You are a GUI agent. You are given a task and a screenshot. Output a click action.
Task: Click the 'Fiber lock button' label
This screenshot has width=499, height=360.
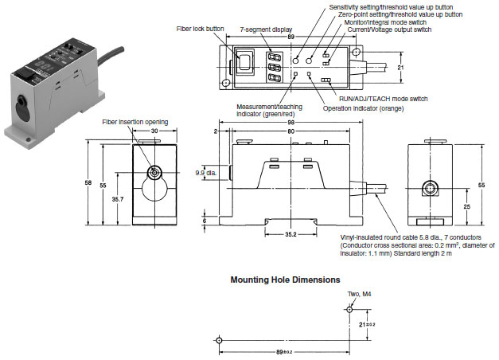tap(200, 29)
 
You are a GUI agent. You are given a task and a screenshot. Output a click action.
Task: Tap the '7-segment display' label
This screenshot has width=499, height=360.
tap(266, 29)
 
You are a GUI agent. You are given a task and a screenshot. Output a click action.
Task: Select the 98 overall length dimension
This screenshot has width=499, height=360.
tap(290, 123)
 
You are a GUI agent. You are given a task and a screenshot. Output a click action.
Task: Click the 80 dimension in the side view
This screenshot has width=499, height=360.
tap(290, 131)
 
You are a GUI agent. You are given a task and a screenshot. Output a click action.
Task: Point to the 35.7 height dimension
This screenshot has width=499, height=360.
tap(118, 199)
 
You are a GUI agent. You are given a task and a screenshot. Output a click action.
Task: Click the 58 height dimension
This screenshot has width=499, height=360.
tap(88, 183)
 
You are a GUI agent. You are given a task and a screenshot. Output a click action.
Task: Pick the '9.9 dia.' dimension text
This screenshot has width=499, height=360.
tap(206, 173)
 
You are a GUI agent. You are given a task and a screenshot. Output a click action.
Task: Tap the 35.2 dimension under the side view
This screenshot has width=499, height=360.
tap(290, 234)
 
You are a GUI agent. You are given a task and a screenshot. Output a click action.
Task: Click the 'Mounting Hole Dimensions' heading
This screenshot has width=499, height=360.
tap(285, 280)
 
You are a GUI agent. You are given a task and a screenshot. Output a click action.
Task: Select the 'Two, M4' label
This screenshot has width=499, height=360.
tap(359, 294)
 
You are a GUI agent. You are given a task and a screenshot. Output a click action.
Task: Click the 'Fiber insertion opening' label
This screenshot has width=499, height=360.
tap(135, 122)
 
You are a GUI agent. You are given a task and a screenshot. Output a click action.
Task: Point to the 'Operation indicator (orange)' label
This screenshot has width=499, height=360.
tap(363, 108)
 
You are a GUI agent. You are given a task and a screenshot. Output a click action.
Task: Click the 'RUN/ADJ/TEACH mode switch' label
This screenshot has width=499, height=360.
tap(383, 99)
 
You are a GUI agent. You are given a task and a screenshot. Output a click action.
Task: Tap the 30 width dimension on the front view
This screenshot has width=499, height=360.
tap(154, 131)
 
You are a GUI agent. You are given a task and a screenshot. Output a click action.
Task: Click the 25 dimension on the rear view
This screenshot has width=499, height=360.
tap(466, 207)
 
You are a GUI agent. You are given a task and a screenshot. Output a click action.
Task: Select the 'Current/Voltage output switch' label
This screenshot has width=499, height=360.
tap(389, 29)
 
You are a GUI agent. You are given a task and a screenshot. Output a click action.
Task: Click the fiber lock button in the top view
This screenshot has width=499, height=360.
tap(244, 61)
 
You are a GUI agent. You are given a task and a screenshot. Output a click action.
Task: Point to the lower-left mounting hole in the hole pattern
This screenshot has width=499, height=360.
tap(219, 340)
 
